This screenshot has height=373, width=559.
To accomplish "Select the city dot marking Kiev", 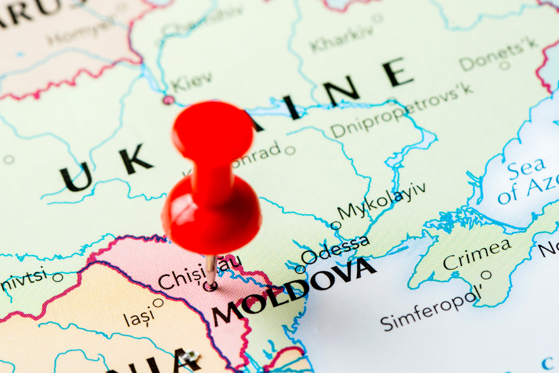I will click(167, 100).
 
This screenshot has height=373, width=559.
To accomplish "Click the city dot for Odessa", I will click(300, 269).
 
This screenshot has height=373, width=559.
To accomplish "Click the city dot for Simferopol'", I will click(486, 275).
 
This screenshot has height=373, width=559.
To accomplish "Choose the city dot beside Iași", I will click(158, 302).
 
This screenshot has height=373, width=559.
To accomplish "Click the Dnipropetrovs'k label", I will click(402, 111).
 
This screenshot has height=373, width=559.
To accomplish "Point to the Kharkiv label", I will click(342, 39).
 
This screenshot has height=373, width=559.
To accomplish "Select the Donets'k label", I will click(499, 54).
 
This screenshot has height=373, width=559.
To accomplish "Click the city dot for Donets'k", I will click(504, 66).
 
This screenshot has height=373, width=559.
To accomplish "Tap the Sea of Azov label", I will click(525, 180).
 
